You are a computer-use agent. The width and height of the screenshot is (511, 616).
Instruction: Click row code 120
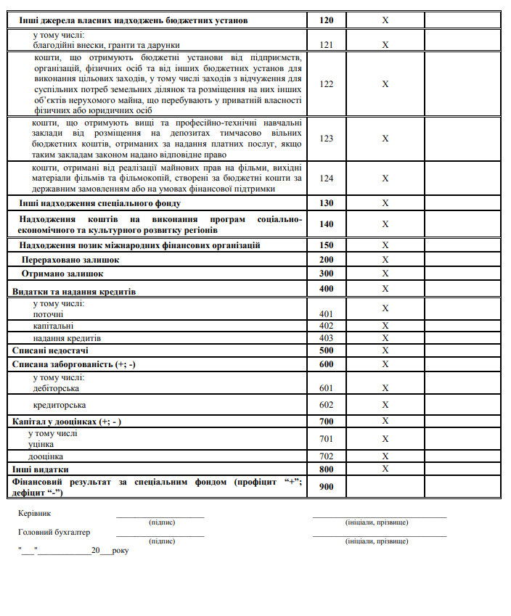(326, 20)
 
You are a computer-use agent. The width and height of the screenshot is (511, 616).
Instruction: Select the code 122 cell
(326, 84)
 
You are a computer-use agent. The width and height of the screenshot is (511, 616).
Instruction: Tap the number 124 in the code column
(326, 178)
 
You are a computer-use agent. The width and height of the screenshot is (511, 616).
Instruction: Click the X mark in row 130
(385, 203)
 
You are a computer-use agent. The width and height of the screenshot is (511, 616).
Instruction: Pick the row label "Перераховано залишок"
(70, 260)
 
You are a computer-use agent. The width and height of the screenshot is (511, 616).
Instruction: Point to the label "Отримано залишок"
(62, 274)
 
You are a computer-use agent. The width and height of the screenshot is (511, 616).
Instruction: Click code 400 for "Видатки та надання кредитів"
(326, 289)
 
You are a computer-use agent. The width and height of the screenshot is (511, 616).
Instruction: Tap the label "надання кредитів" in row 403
(67, 338)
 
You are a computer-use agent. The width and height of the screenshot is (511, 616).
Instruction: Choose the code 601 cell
(326, 388)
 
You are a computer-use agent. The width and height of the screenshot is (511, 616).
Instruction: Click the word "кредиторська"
(60, 405)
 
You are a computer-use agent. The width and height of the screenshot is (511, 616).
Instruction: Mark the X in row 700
(385, 421)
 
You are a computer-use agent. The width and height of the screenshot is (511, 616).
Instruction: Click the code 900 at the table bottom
(326, 486)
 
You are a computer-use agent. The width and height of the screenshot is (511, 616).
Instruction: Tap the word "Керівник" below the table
(34, 514)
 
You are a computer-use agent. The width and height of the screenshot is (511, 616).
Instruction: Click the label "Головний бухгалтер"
(54, 533)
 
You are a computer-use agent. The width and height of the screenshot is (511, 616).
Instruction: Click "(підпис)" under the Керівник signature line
(161, 522)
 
